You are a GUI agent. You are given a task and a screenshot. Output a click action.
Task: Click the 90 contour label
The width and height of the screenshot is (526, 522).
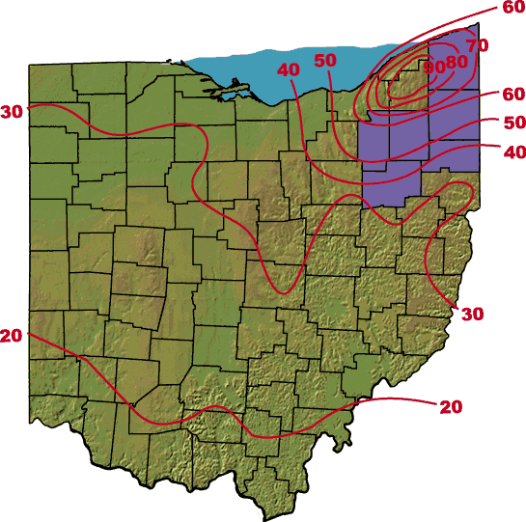pyautogui.click(x=434, y=67)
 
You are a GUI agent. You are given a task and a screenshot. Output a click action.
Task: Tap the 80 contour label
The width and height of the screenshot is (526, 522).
pyautogui.click(x=456, y=62)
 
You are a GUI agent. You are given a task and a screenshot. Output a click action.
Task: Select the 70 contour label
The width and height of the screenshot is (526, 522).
pyautogui.click(x=477, y=45)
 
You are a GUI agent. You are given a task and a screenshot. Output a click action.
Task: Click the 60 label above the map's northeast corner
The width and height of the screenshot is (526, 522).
pyautogui.click(x=513, y=8)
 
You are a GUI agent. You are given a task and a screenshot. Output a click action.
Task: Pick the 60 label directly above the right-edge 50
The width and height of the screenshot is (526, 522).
pyautogui.click(x=513, y=94)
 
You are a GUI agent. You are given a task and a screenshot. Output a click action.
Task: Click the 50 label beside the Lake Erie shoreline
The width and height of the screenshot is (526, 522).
pyautogui.click(x=325, y=60)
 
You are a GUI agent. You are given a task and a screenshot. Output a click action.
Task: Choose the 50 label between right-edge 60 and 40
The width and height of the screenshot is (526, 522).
pyautogui.click(x=513, y=123)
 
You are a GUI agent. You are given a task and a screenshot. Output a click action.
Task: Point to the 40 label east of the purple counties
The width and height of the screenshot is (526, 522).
pyautogui.click(x=513, y=151)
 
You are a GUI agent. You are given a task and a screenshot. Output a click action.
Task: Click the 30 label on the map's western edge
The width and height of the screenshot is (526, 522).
pyautogui.click(x=12, y=112)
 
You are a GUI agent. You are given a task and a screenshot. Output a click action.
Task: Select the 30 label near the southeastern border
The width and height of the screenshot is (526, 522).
pyautogui.click(x=472, y=314)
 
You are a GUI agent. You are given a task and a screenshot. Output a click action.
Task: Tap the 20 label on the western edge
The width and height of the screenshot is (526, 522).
pyautogui.click(x=12, y=336)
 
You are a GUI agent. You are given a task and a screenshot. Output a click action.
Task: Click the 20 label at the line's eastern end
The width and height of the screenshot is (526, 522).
pyautogui.click(x=451, y=406)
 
